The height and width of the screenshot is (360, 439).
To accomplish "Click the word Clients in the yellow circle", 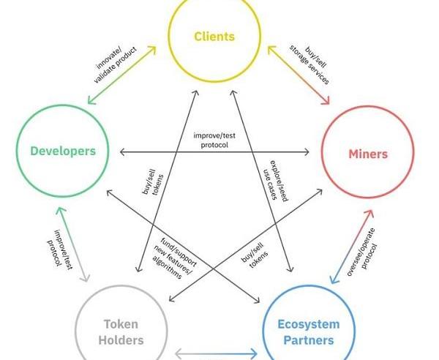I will click(x=214, y=36).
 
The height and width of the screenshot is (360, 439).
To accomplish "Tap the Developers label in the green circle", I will click(x=63, y=151).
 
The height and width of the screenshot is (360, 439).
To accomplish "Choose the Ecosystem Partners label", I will click(x=308, y=332).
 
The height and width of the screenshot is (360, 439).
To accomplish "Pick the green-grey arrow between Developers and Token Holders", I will click(x=72, y=244).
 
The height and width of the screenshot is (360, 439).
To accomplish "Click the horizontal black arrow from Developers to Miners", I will click(x=214, y=152).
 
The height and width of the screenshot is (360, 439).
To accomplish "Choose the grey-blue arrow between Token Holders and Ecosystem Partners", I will click(x=217, y=355).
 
